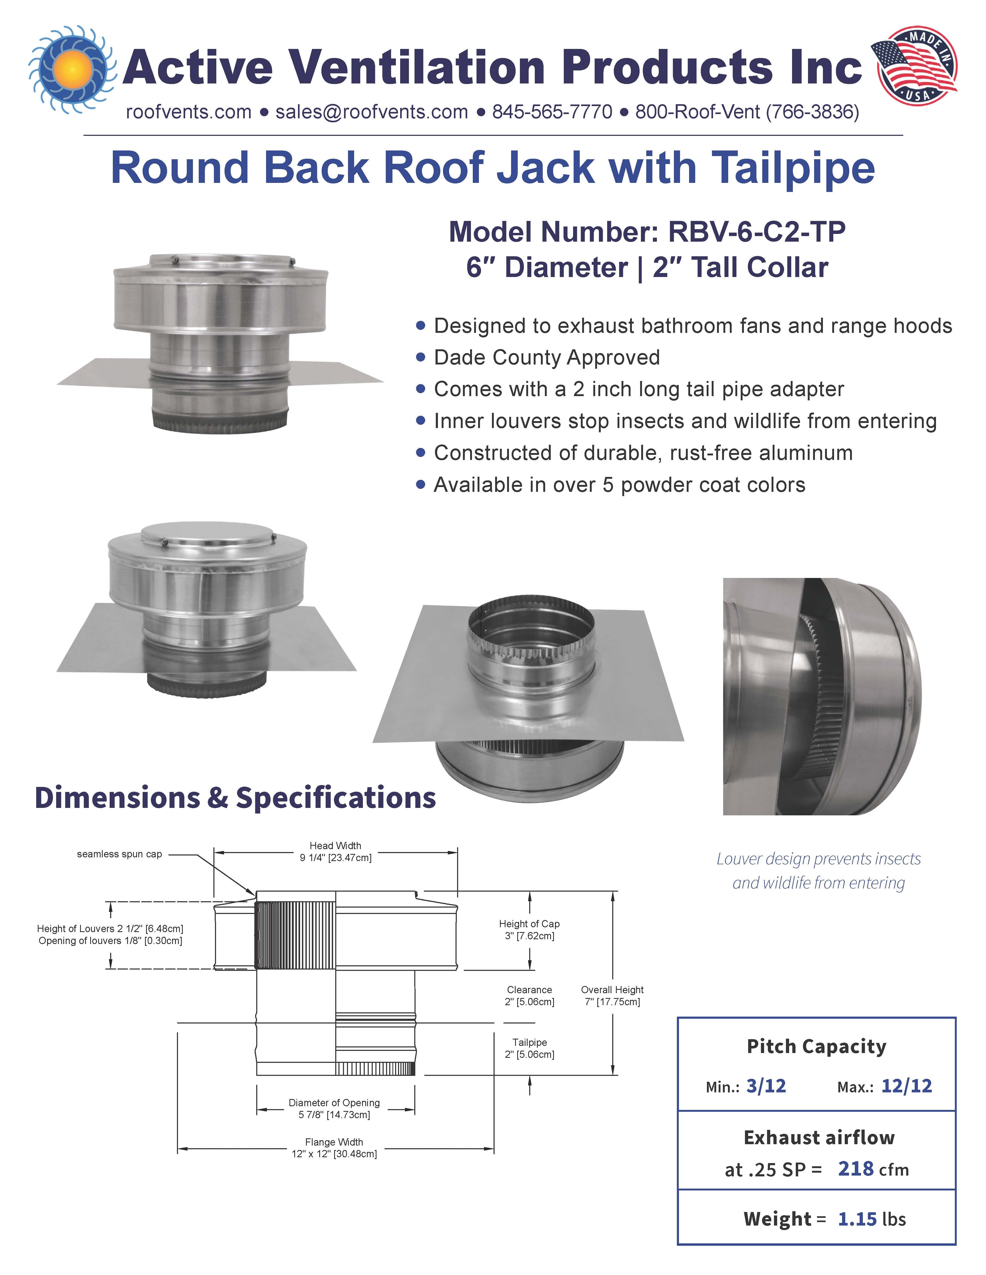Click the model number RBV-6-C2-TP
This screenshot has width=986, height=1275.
click(x=756, y=232)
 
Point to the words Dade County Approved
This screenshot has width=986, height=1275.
click(x=547, y=357)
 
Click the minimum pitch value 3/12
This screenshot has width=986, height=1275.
click(x=766, y=1086)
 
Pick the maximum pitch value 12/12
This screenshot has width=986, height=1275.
click(x=906, y=1086)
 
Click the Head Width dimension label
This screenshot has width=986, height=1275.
click(x=335, y=851)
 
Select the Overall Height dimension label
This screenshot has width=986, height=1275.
click(x=612, y=995)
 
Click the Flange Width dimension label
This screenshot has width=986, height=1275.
click(x=334, y=1148)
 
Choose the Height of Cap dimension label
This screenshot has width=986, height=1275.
click(x=529, y=929)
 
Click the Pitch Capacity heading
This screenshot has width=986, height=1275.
click(x=816, y=1046)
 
